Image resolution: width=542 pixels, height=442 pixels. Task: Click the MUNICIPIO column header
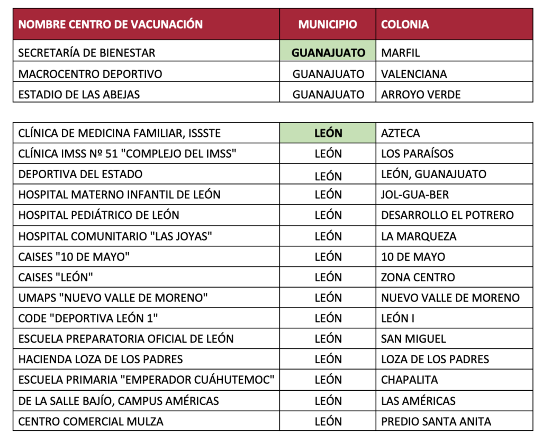pos(328,24)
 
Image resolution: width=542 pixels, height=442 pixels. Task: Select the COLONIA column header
pos(405,24)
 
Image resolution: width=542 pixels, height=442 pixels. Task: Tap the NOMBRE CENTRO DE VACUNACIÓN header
pos(111,24)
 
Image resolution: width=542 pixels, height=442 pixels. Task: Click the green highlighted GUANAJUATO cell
pos(328,53)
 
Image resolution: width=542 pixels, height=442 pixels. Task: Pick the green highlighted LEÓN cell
pos(328,133)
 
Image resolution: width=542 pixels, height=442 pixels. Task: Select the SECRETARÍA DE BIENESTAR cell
pos(87,53)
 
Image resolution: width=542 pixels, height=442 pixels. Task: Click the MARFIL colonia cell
pos(400,53)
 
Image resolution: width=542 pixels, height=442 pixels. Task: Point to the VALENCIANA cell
pos(414,74)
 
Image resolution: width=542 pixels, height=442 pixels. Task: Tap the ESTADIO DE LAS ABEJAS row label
pos(79,95)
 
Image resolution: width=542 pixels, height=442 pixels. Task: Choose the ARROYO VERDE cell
pos(421,95)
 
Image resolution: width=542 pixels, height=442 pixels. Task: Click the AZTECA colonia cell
pos(400,133)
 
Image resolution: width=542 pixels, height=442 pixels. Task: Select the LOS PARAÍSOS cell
pos(418,154)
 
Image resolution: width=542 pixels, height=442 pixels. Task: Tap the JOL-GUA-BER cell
pos(415,195)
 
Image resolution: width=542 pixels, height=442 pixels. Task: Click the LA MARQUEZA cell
pos(419,236)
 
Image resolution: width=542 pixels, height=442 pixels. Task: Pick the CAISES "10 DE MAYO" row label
pos(74,257)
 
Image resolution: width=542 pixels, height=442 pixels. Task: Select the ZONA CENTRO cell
pos(418,278)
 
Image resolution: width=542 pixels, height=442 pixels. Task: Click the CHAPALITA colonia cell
pos(410,380)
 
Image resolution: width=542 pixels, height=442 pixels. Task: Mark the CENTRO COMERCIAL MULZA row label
pos(91,421)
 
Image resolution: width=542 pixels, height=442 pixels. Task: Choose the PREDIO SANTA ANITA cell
pos(436,421)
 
